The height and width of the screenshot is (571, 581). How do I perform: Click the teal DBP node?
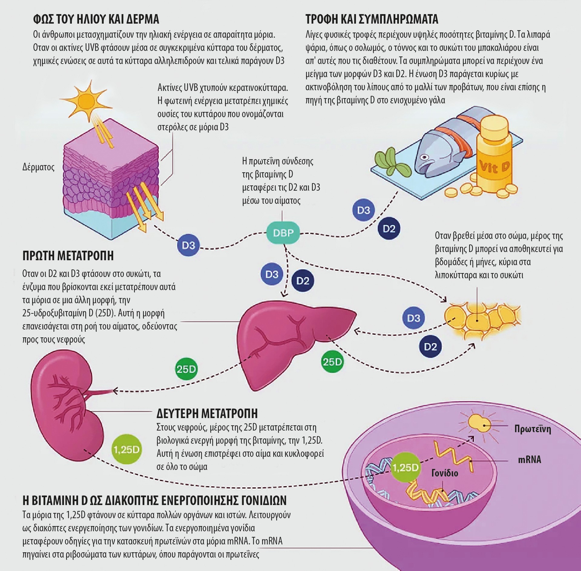click(x=283, y=233)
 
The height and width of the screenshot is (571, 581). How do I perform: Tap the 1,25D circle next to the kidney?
click(x=126, y=450)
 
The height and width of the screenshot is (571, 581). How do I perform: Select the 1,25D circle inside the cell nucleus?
click(x=405, y=468)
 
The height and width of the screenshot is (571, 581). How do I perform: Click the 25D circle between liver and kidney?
click(x=186, y=369)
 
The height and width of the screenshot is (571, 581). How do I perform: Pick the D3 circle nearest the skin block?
click(x=189, y=245)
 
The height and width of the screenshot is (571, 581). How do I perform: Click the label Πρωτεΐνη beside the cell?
click(x=533, y=429)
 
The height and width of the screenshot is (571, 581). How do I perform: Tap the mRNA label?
click(x=529, y=460)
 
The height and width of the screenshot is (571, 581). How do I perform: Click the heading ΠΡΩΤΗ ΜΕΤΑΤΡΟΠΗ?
click(x=68, y=256)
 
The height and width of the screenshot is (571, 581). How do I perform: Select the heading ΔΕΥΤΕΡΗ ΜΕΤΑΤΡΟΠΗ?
click(x=207, y=413)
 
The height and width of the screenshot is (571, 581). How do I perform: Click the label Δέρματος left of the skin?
click(x=38, y=167)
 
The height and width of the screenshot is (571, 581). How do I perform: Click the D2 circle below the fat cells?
click(x=430, y=347)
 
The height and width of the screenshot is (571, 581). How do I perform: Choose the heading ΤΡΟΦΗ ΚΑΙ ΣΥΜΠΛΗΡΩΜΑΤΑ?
click(x=372, y=19)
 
